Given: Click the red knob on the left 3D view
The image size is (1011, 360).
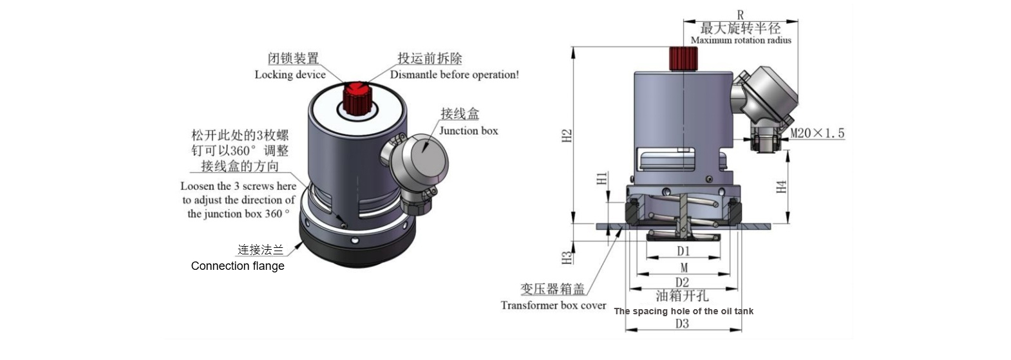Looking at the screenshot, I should click(355, 97).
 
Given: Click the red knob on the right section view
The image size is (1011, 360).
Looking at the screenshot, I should click(683, 59).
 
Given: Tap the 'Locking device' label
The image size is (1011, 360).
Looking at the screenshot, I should click(290, 75).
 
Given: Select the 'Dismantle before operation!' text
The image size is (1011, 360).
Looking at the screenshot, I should click(454, 75).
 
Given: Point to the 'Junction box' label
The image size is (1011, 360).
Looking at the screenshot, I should click(468, 131).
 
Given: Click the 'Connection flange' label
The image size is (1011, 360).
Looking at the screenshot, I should click(238, 266).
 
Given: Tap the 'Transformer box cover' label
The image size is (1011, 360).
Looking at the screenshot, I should click(553, 305).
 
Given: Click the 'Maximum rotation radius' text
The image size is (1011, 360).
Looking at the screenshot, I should click(741, 40).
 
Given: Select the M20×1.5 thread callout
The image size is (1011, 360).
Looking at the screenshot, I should click(817, 133).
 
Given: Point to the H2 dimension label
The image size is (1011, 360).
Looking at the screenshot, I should click(567, 136).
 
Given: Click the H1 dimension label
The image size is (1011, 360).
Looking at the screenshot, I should click(602, 178).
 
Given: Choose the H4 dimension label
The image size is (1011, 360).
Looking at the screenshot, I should click(781, 187).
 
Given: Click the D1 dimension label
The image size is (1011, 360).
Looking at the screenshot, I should click(683, 251).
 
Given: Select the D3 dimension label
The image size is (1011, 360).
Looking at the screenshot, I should click(682, 323).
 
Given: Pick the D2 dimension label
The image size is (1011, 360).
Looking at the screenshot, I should click(682, 282).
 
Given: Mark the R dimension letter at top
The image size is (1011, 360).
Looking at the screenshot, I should click(741, 14).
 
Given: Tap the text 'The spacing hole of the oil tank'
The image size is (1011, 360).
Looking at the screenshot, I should click(683, 312).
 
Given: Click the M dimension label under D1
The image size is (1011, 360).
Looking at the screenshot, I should click(683, 267).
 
